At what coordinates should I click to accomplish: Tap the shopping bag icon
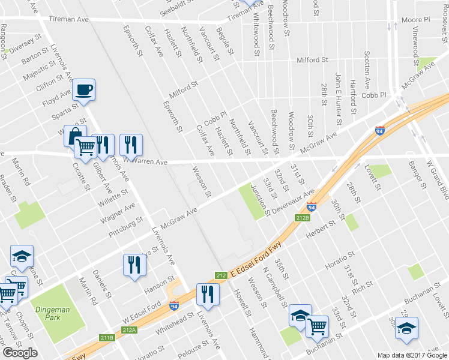point(75,136)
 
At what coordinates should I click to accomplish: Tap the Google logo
point(20,353)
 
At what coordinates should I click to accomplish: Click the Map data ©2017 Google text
point(412,355)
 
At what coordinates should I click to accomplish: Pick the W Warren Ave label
point(145,161)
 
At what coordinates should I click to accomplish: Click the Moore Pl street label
point(416,20)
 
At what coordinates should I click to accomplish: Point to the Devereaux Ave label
point(293,202)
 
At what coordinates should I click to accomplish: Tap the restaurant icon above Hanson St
point(133,265)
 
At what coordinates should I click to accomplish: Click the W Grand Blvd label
point(437,180)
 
